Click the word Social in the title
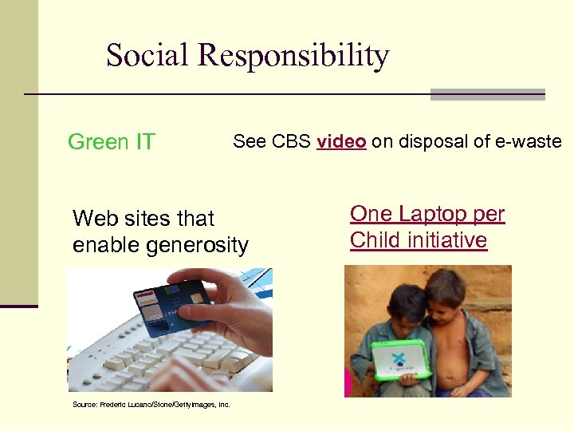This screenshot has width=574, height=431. (147, 56)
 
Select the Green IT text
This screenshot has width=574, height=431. (111, 142)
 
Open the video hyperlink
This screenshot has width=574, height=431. (341, 142)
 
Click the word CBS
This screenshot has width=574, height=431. (292, 142)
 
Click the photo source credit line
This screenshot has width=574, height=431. (151, 405)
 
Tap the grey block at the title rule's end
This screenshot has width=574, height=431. (487, 94)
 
